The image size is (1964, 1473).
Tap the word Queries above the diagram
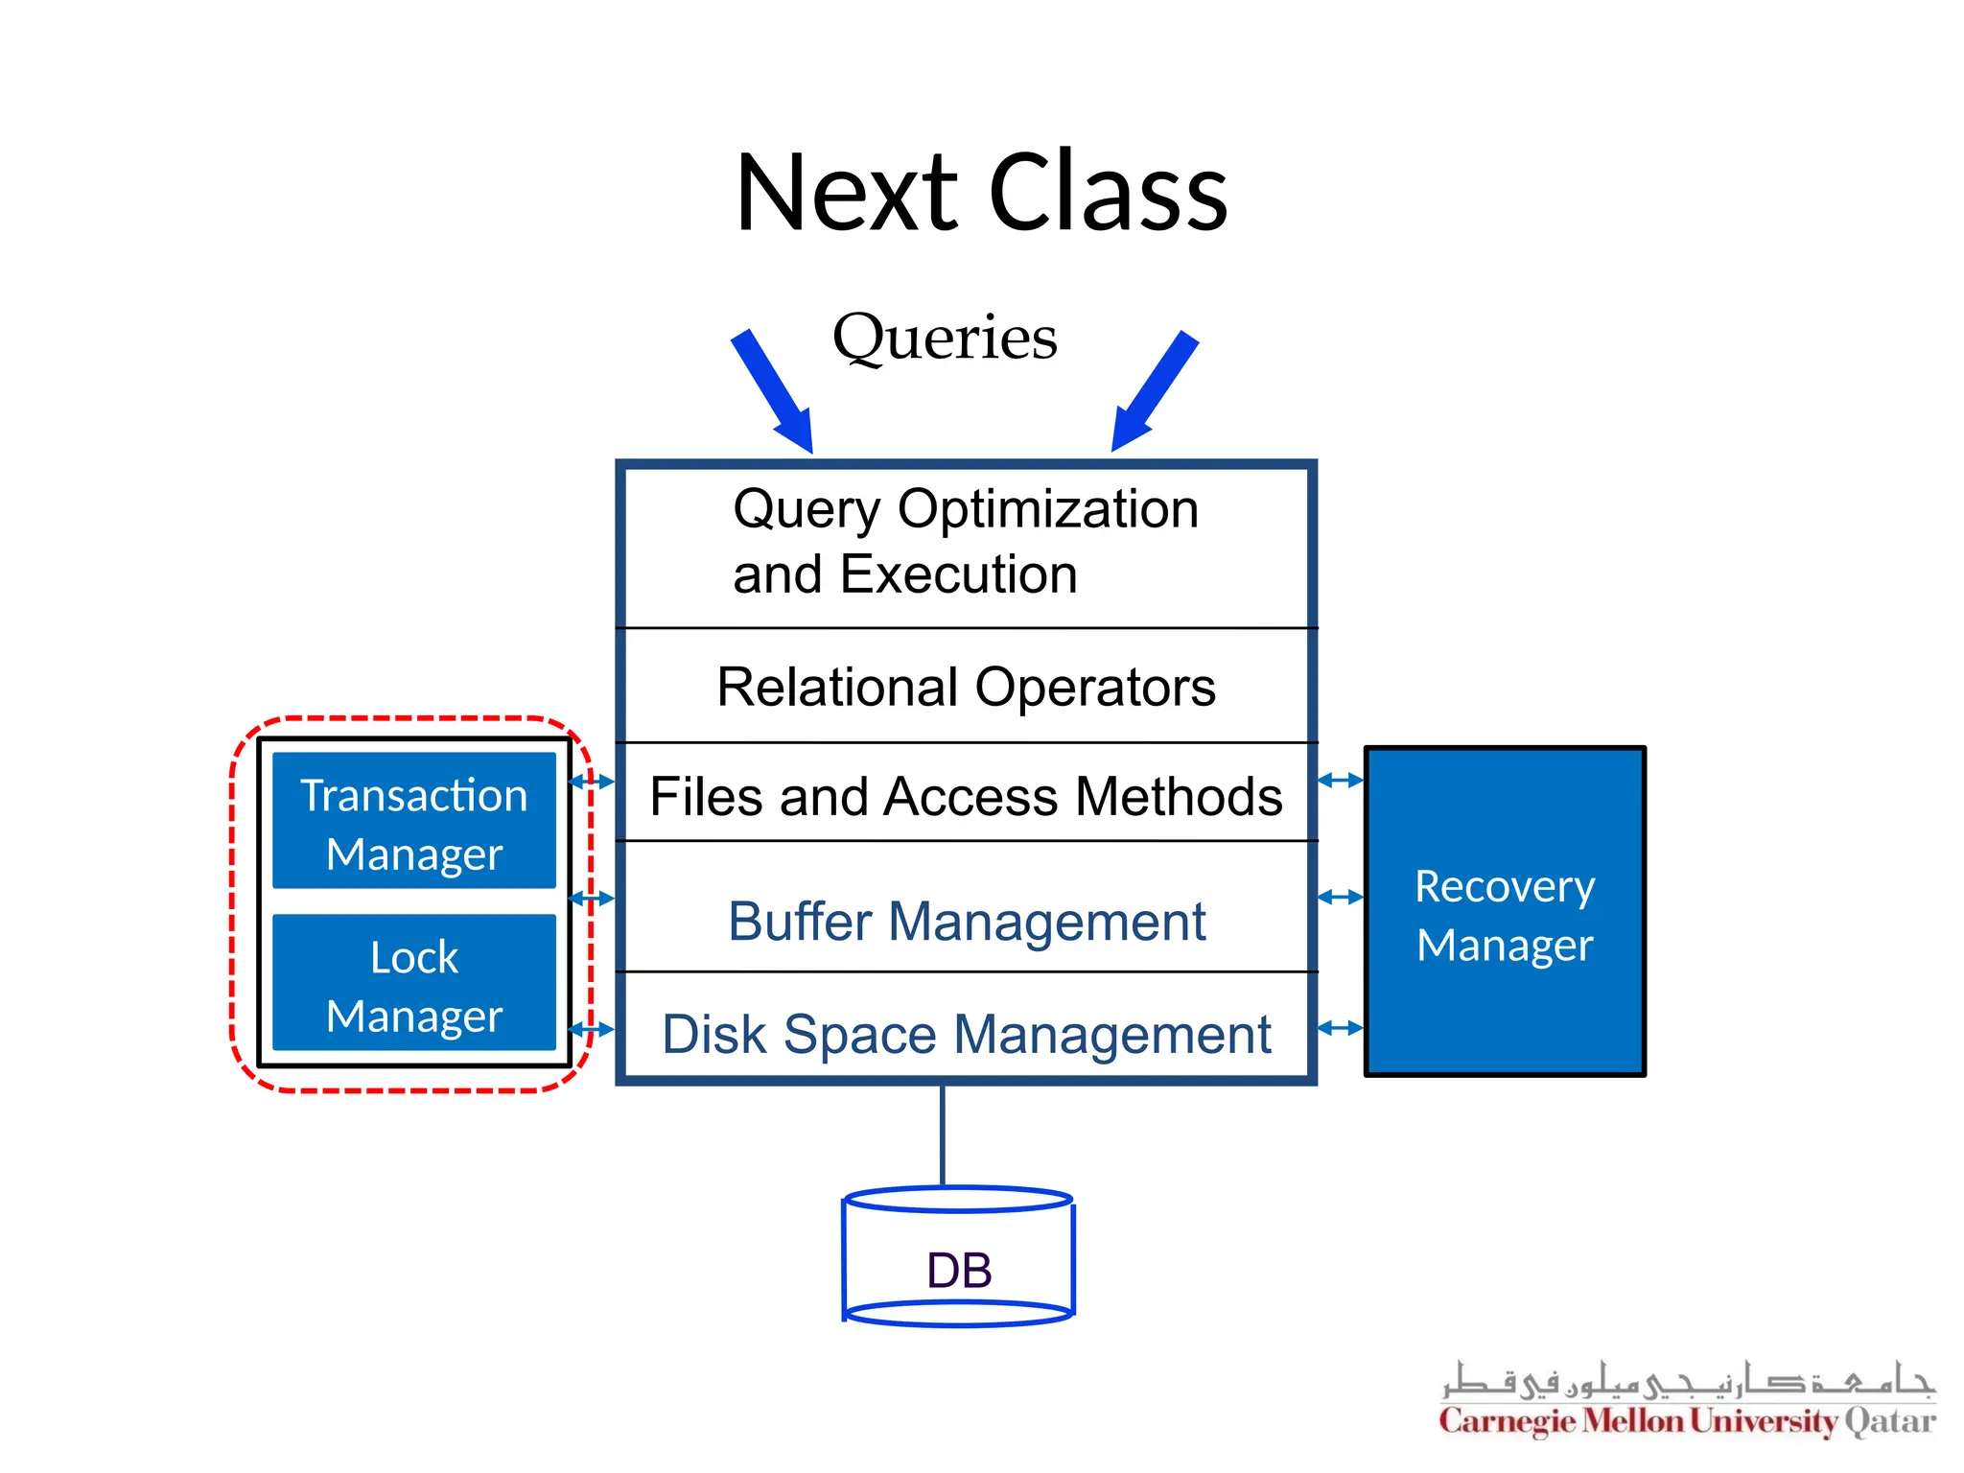945,338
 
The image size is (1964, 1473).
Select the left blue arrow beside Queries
774,392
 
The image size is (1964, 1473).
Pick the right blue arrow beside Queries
1154,391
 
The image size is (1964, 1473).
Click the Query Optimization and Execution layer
966,542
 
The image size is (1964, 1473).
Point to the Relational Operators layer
966,687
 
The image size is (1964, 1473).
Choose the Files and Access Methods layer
966,796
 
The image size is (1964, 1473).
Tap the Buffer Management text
966,922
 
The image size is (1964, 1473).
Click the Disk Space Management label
966,1035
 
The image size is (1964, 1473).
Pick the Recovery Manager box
1505,913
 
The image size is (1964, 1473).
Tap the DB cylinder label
959,1271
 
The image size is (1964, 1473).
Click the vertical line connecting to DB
943,1136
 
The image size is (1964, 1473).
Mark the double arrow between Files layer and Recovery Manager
1341,781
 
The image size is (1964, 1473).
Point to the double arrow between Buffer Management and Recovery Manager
1341,898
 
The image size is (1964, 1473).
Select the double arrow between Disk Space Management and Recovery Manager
1341,1028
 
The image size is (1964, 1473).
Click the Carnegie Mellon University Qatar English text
1687,1421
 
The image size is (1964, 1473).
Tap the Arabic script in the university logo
1687,1382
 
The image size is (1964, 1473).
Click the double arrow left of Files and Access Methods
592,782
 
